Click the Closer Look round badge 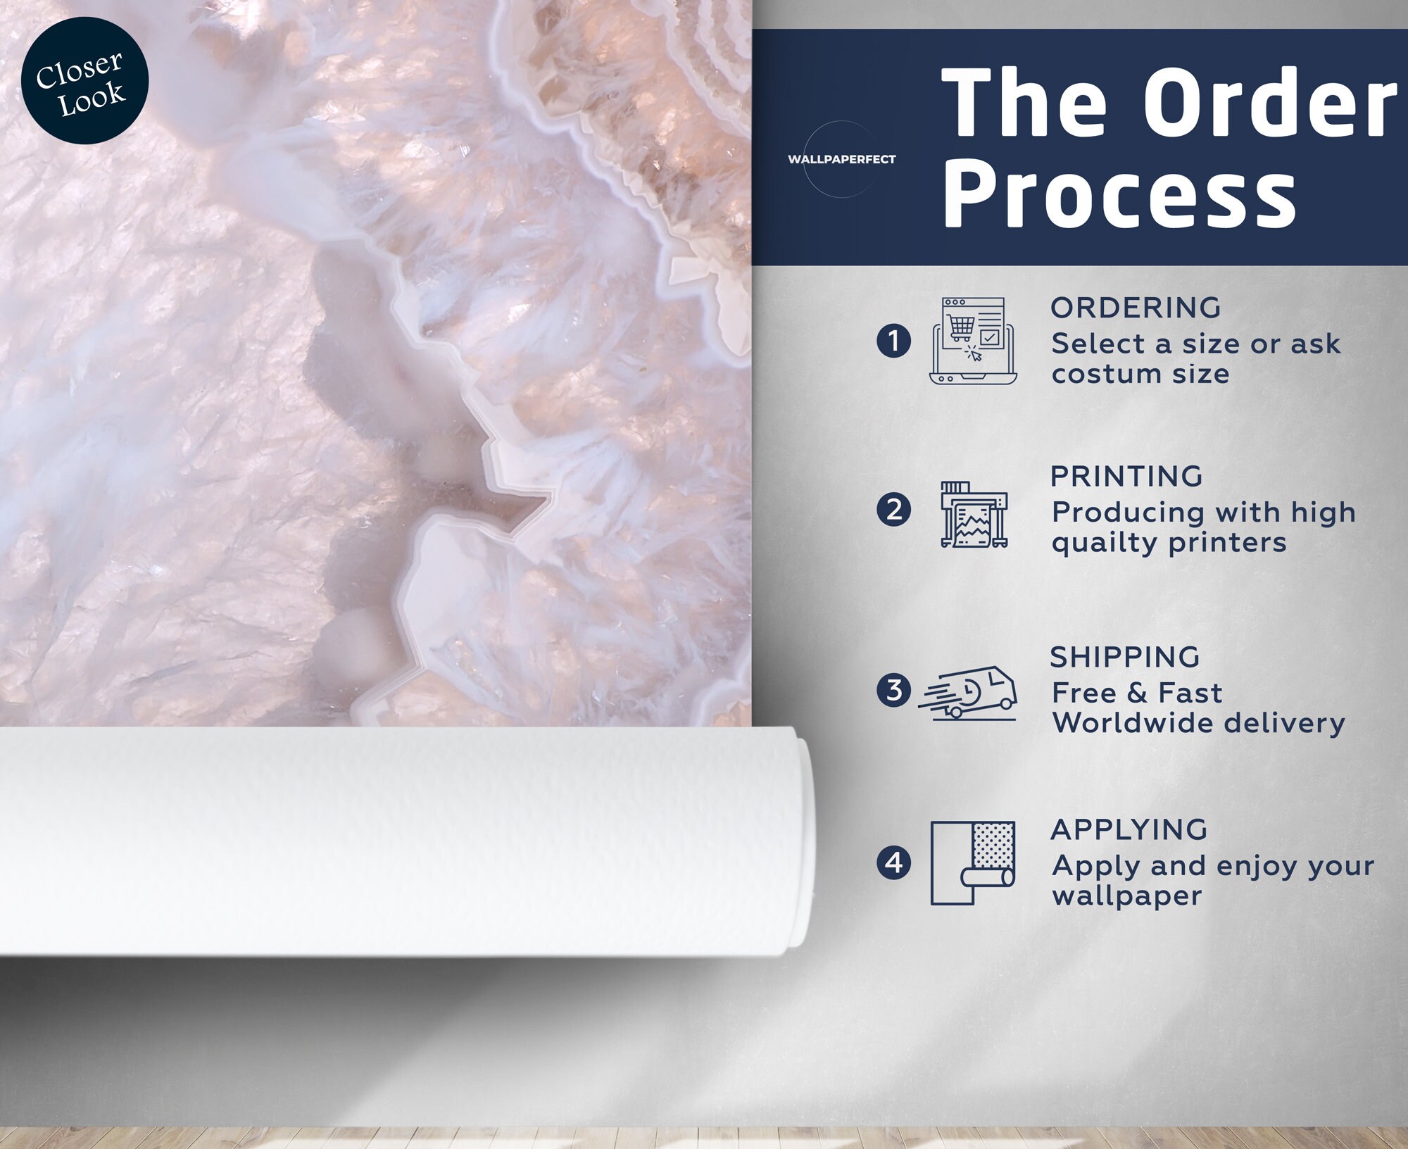(84, 81)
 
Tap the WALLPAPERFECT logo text (841, 159)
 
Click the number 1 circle (893, 341)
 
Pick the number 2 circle (893, 510)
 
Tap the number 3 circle (893, 690)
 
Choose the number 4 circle (893, 862)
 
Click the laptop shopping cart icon (973, 341)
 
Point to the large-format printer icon (974, 515)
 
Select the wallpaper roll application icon (972, 862)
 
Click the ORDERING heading (1136, 308)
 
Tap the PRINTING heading (1126, 477)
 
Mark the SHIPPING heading (1125, 657)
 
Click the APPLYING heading (1129, 829)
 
